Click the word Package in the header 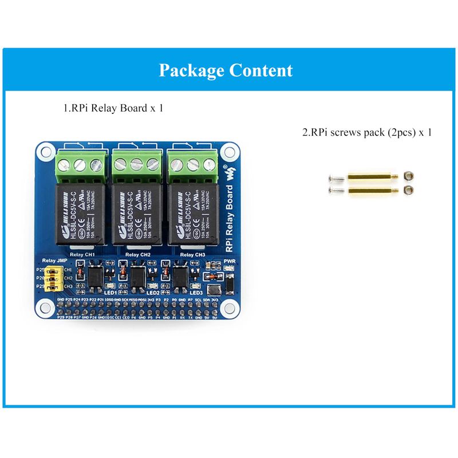(x=192, y=71)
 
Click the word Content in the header (x=260, y=70)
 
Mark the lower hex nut (x=408, y=189)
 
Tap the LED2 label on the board (x=153, y=293)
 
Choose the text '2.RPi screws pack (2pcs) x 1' (x=367, y=132)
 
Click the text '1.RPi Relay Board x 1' (x=113, y=107)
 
